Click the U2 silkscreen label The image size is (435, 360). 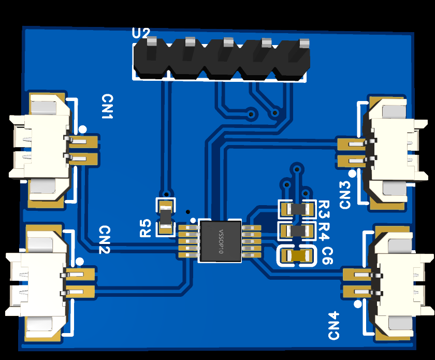tap(141, 33)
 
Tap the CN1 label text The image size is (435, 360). tap(108, 106)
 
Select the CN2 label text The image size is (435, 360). tap(105, 239)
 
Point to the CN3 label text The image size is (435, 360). tap(345, 195)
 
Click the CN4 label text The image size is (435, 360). tap(334, 326)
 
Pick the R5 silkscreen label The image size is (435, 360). tap(146, 228)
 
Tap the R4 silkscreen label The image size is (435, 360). tap(324, 231)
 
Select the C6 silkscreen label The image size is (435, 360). tap(327, 256)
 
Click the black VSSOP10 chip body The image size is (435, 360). tap(221, 241)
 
